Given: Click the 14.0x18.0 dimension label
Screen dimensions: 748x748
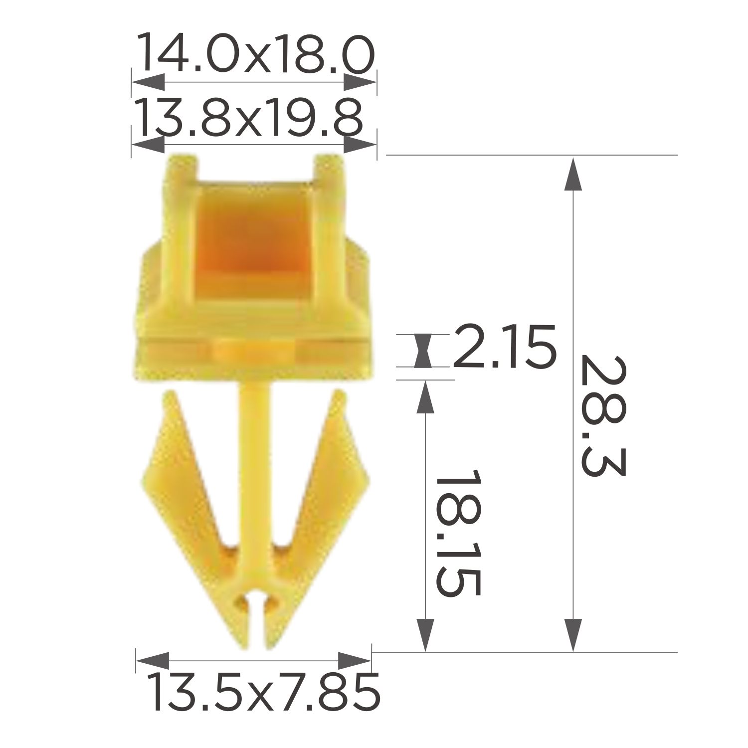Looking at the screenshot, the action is point(255,53).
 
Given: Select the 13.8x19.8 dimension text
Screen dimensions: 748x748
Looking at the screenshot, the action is point(249,117).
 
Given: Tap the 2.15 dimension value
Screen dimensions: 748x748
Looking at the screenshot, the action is point(504,347).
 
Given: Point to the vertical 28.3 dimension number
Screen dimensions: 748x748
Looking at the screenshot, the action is point(602,416).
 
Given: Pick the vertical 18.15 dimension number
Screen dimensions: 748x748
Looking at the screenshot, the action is point(457,533).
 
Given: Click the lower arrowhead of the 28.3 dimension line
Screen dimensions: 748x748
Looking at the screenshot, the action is point(573,634).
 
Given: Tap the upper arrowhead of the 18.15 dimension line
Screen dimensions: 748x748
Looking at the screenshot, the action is point(425,397).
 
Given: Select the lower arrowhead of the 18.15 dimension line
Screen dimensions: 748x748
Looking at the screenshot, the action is point(425,634).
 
